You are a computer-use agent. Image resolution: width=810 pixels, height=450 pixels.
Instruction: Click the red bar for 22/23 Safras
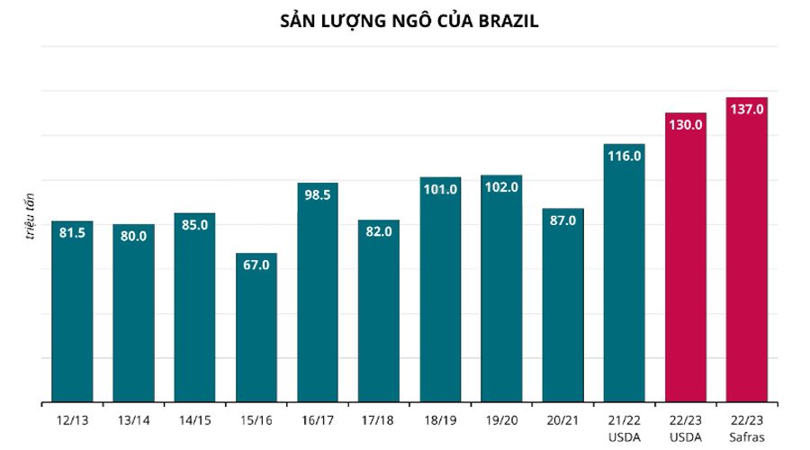(747, 261)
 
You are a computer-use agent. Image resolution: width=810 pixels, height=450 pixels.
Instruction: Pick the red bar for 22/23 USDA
(686, 270)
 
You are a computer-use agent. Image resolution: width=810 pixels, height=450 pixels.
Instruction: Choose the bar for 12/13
(72, 315)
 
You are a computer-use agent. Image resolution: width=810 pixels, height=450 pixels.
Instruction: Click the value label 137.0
(747, 109)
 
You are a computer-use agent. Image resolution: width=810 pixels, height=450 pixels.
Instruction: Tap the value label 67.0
(256, 265)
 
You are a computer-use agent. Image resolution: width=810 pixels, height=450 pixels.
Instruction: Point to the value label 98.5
(318, 194)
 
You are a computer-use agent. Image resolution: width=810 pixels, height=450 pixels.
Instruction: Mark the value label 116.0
(625, 156)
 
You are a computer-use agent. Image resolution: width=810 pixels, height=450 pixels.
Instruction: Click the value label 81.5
(72, 232)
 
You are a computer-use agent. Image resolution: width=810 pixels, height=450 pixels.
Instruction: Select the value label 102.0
(501, 187)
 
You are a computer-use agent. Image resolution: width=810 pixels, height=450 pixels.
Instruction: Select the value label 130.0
(686, 124)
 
